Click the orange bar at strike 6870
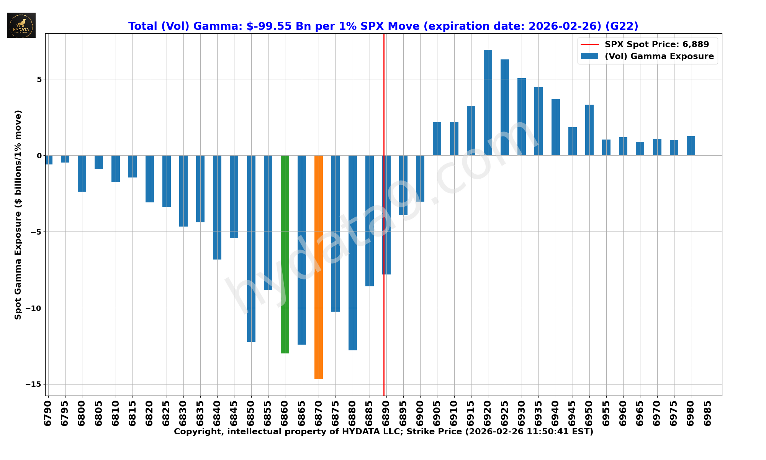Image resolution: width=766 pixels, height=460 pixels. (x=319, y=267)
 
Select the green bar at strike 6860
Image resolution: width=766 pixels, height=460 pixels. (x=285, y=254)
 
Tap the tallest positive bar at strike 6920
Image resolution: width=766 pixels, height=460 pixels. (x=488, y=103)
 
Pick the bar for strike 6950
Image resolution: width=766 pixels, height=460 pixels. (x=589, y=130)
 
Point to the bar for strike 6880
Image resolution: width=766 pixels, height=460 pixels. (x=353, y=253)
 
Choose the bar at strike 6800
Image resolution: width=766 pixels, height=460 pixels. (x=82, y=173)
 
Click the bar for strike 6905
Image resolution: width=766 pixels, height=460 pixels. (x=437, y=139)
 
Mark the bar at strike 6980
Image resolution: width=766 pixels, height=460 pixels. (x=691, y=146)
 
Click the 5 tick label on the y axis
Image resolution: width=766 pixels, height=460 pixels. (x=39, y=79)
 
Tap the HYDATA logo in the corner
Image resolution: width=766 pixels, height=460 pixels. (x=21, y=25)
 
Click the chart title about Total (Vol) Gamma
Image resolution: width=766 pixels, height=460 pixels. (x=383, y=26)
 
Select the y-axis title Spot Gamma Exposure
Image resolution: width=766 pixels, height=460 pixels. (x=18, y=215)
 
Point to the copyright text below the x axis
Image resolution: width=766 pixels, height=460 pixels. (x=383, y=432)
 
